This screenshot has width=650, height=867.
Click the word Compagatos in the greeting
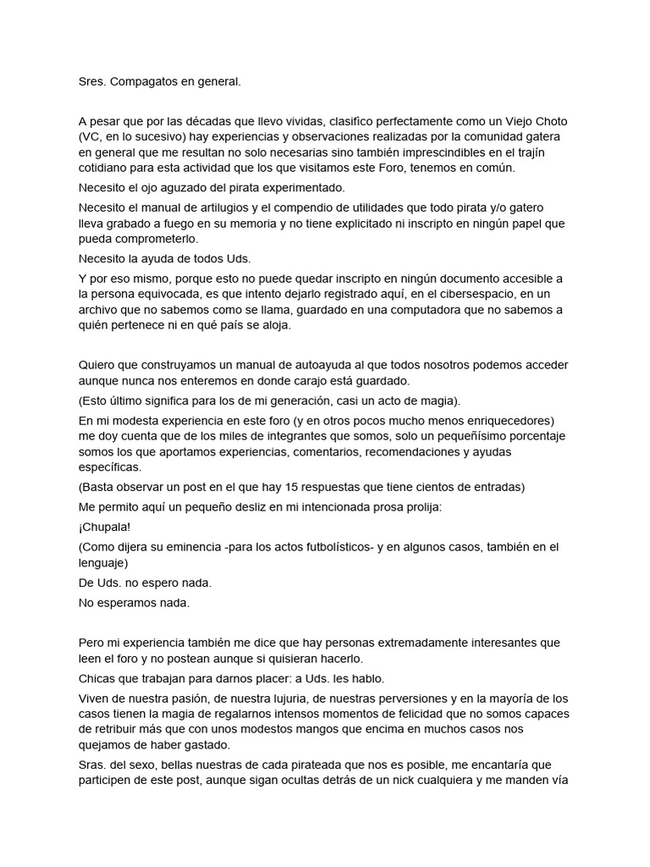(x=146, y=82)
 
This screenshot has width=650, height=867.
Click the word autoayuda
(x=311, y=365)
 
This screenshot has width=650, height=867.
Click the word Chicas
(x=98, y=678)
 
